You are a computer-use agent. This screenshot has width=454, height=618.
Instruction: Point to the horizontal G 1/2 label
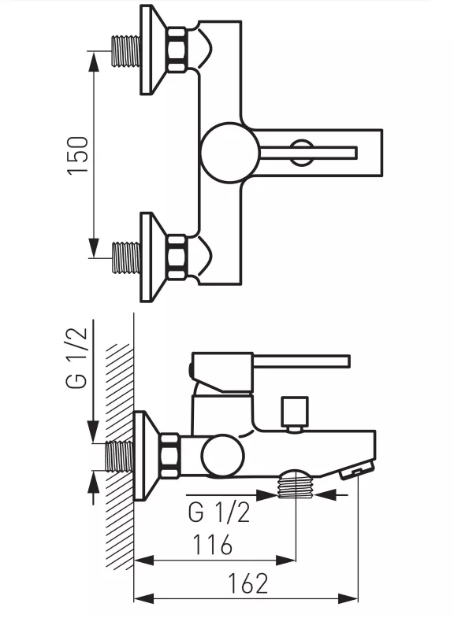coord(219,513)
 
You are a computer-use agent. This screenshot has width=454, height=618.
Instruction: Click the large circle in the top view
coord(229,152)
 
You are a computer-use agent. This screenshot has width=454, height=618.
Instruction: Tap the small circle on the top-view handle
coord(300,151)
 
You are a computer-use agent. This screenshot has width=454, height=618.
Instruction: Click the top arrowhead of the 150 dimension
coord(94,56)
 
